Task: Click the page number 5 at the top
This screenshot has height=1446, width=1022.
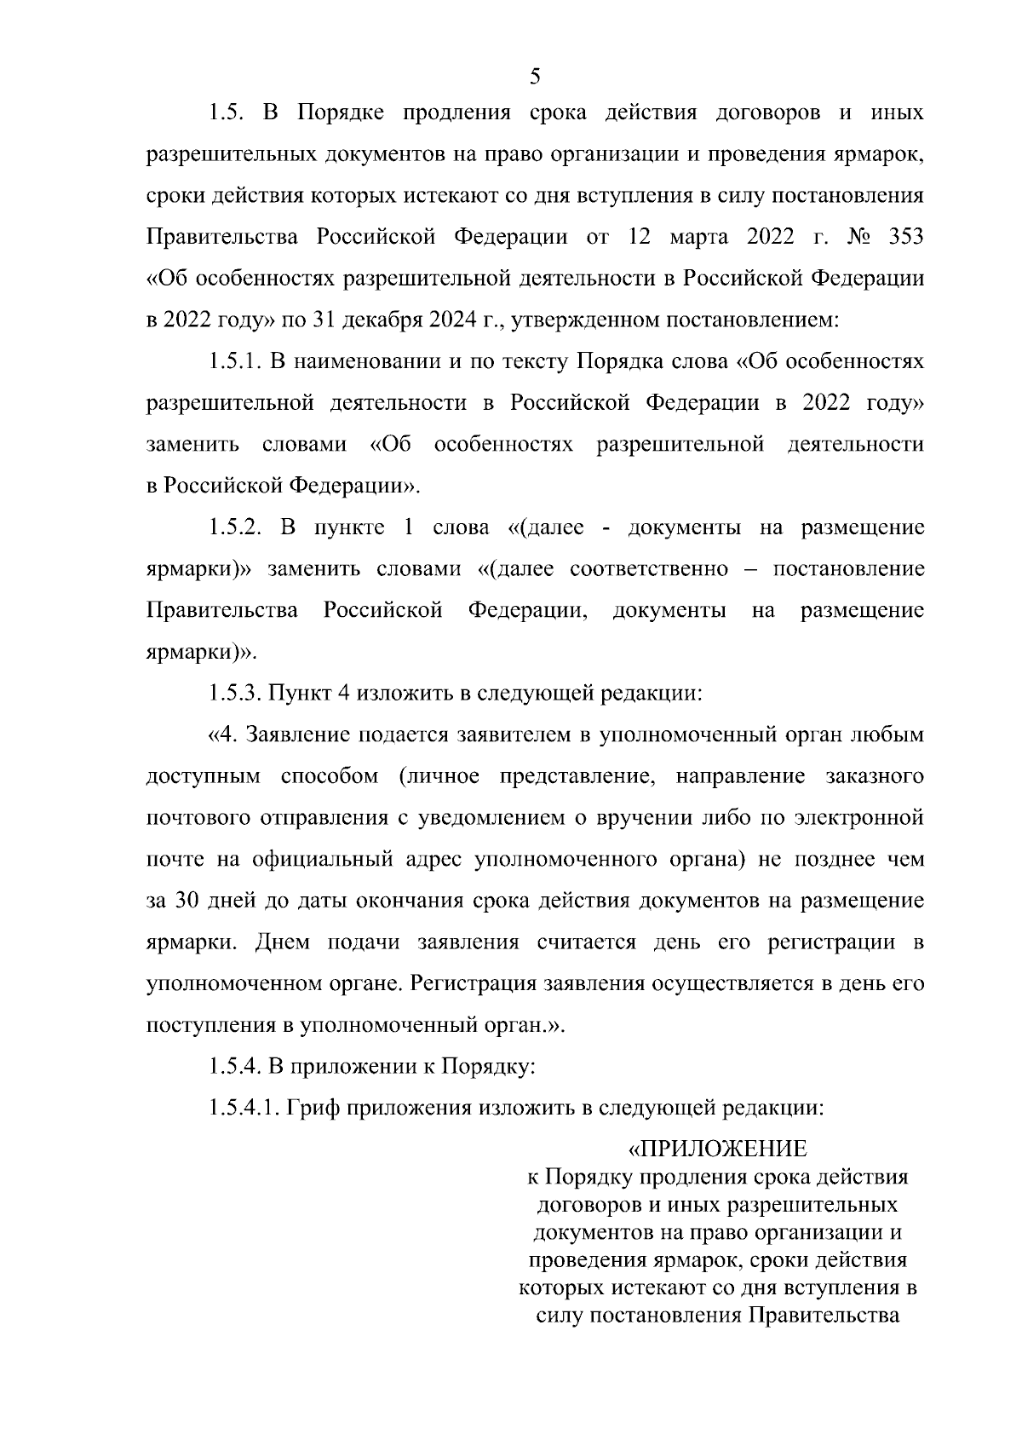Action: click(x=535, y=77)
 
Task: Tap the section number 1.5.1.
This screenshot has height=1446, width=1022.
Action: click(x=234, y=361)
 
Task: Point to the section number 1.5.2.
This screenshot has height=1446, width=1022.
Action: click(x=234, y=527)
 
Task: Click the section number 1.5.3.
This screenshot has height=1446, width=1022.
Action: click(x=234, y=693)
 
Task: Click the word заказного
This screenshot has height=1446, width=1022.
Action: click(x=875, y=776)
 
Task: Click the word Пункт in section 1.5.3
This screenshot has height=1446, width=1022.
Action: click(x=300, y=693)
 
